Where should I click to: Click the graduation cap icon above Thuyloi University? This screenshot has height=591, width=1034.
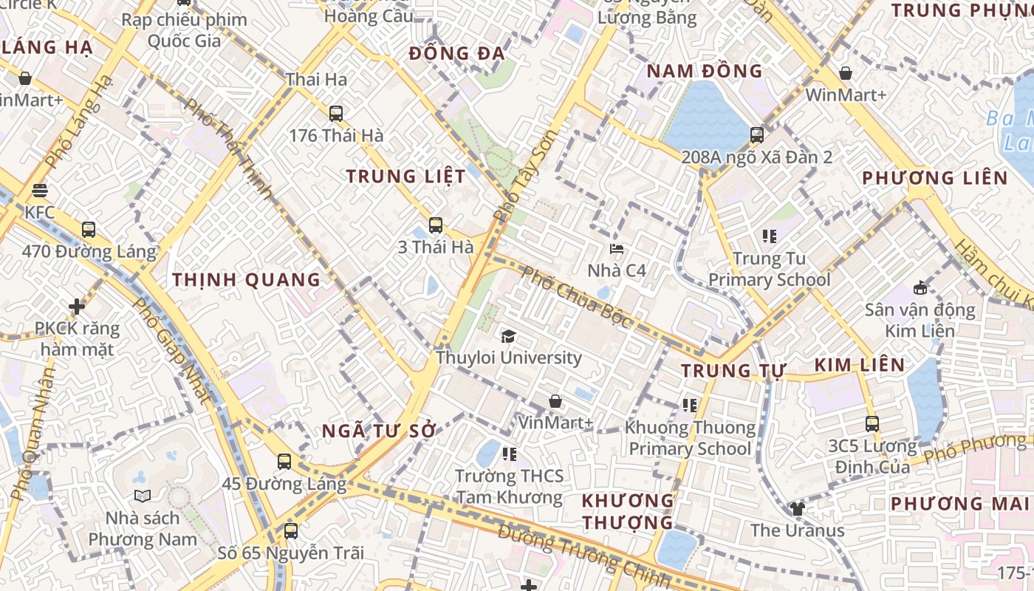coord(508,337)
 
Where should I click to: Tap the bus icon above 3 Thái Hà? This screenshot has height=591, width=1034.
coord(436,225)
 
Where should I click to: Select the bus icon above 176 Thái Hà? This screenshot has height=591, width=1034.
coord(336,114)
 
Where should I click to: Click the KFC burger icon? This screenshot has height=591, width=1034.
coord(40,191)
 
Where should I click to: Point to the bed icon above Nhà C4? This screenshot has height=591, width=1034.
coord(617,249)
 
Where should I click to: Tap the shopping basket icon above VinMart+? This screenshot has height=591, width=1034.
coord(555,401)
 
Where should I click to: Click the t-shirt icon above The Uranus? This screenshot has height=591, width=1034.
coord(798,508)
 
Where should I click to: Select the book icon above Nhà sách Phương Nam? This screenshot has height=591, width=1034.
coord(143,496)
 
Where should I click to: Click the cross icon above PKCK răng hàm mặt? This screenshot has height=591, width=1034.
coord(77,306)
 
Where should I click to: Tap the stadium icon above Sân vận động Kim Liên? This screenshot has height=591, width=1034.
coord(920,287)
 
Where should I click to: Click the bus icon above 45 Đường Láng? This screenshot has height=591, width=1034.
coord(284,462)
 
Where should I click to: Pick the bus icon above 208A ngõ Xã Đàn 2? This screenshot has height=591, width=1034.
coord(757,135)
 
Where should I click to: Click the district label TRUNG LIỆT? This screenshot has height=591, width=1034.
coord(406,177)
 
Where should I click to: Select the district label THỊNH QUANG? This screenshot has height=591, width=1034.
coord(247,280)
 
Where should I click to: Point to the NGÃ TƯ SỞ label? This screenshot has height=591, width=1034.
coord(380,431)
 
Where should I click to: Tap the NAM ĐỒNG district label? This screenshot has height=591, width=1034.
coord(704,71)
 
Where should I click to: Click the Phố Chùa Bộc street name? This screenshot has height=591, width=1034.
coord(577,298)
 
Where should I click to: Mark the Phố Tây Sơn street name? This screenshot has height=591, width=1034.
coord(524,177)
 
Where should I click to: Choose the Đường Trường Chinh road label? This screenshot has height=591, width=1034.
coord(583,554)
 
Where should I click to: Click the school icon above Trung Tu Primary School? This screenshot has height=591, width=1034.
coord(770,236)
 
